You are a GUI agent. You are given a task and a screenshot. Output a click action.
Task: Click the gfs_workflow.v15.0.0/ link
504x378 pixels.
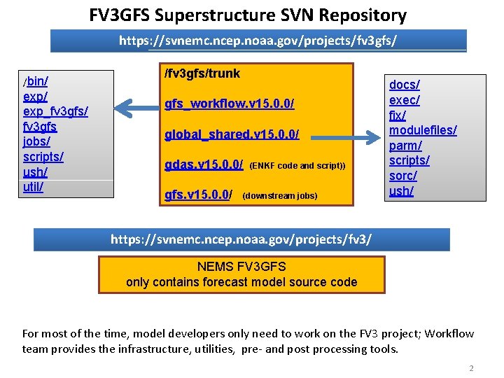pyautogui.click(x=229, y=104)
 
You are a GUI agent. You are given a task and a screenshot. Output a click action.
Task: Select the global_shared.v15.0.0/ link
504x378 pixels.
pyautogui.click(x=232, y=134)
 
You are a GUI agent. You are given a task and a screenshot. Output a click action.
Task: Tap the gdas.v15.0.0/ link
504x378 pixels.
pyautogui.click(x=204, y=165)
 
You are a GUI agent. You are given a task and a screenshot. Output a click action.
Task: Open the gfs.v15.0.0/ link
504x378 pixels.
pyautogui.click(x=198, y=195)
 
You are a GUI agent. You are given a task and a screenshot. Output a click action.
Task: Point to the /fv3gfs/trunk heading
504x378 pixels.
pyautogui.click(x=202, y=73)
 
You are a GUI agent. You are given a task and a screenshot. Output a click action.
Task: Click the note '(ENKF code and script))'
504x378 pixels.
pyautogui.click(x=297, y=166)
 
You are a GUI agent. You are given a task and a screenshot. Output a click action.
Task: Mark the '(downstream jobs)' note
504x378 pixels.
pyautogui.click(x=279, y=196)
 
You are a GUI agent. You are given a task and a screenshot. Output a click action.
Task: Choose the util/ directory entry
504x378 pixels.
pyautogui.click(x=33, y=187)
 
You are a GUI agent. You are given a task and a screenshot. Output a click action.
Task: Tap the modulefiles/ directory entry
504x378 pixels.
pyautogui.click(x=423, y=130)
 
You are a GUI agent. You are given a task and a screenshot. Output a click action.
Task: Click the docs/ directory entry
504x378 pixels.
pyautogui.click(x=405, y=85)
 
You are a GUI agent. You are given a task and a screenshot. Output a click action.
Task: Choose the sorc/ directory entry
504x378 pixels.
pyautogui.click(x=402, y=176)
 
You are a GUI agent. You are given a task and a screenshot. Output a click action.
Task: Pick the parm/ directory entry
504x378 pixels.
pyautogui.click(x=405, y=146)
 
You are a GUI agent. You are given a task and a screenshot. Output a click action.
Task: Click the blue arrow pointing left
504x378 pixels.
pyautogui.click(x=137, y=107)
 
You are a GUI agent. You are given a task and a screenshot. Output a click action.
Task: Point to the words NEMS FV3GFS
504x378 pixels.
pyautogui.click(x=241, y=267)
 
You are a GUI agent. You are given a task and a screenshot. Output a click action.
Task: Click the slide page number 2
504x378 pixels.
pyautogui.click(x=471, y=368)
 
